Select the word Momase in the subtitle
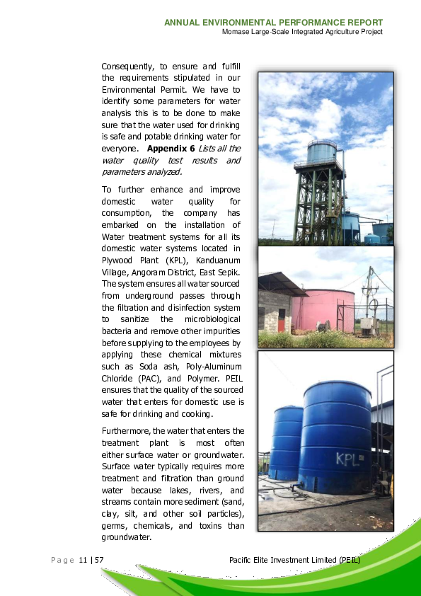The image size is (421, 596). [x=236, y=32]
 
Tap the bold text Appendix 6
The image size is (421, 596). [x=171, y=149]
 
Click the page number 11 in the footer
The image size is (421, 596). [x=83, y=561]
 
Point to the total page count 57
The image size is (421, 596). [x=100, y=561]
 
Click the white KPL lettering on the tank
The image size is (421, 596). [x=349, y=458]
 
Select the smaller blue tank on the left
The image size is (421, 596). [x=287, y=442]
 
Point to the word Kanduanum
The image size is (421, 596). [x=212, y=259]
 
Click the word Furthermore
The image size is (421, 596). [x=125, y=430]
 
